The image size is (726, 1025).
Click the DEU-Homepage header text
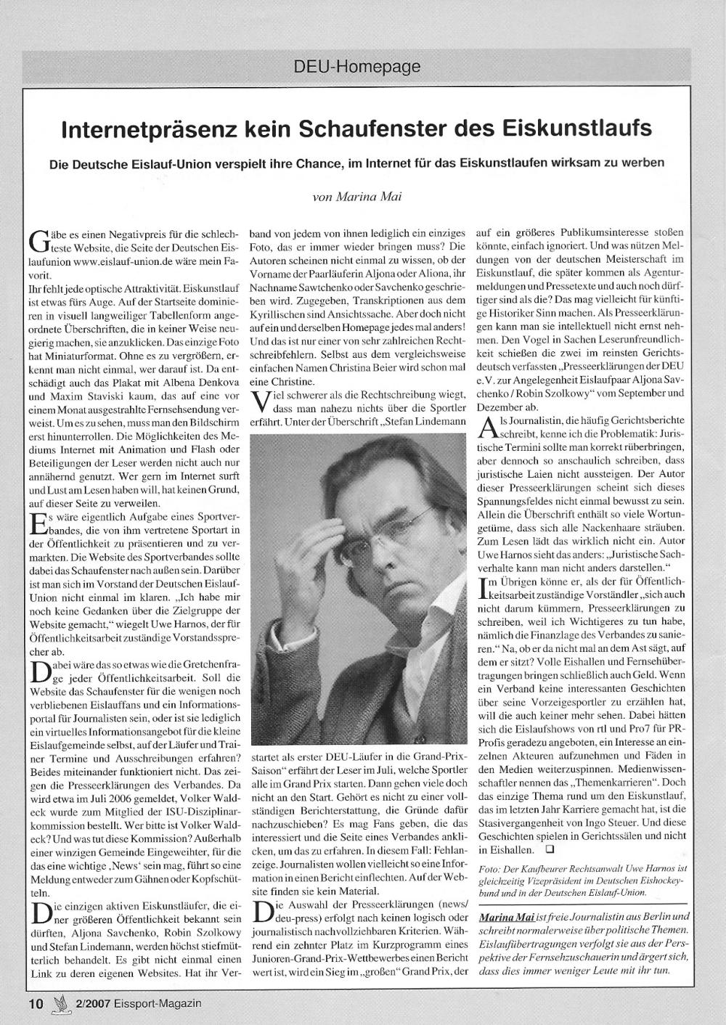357,68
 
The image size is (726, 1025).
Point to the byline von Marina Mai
358,196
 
